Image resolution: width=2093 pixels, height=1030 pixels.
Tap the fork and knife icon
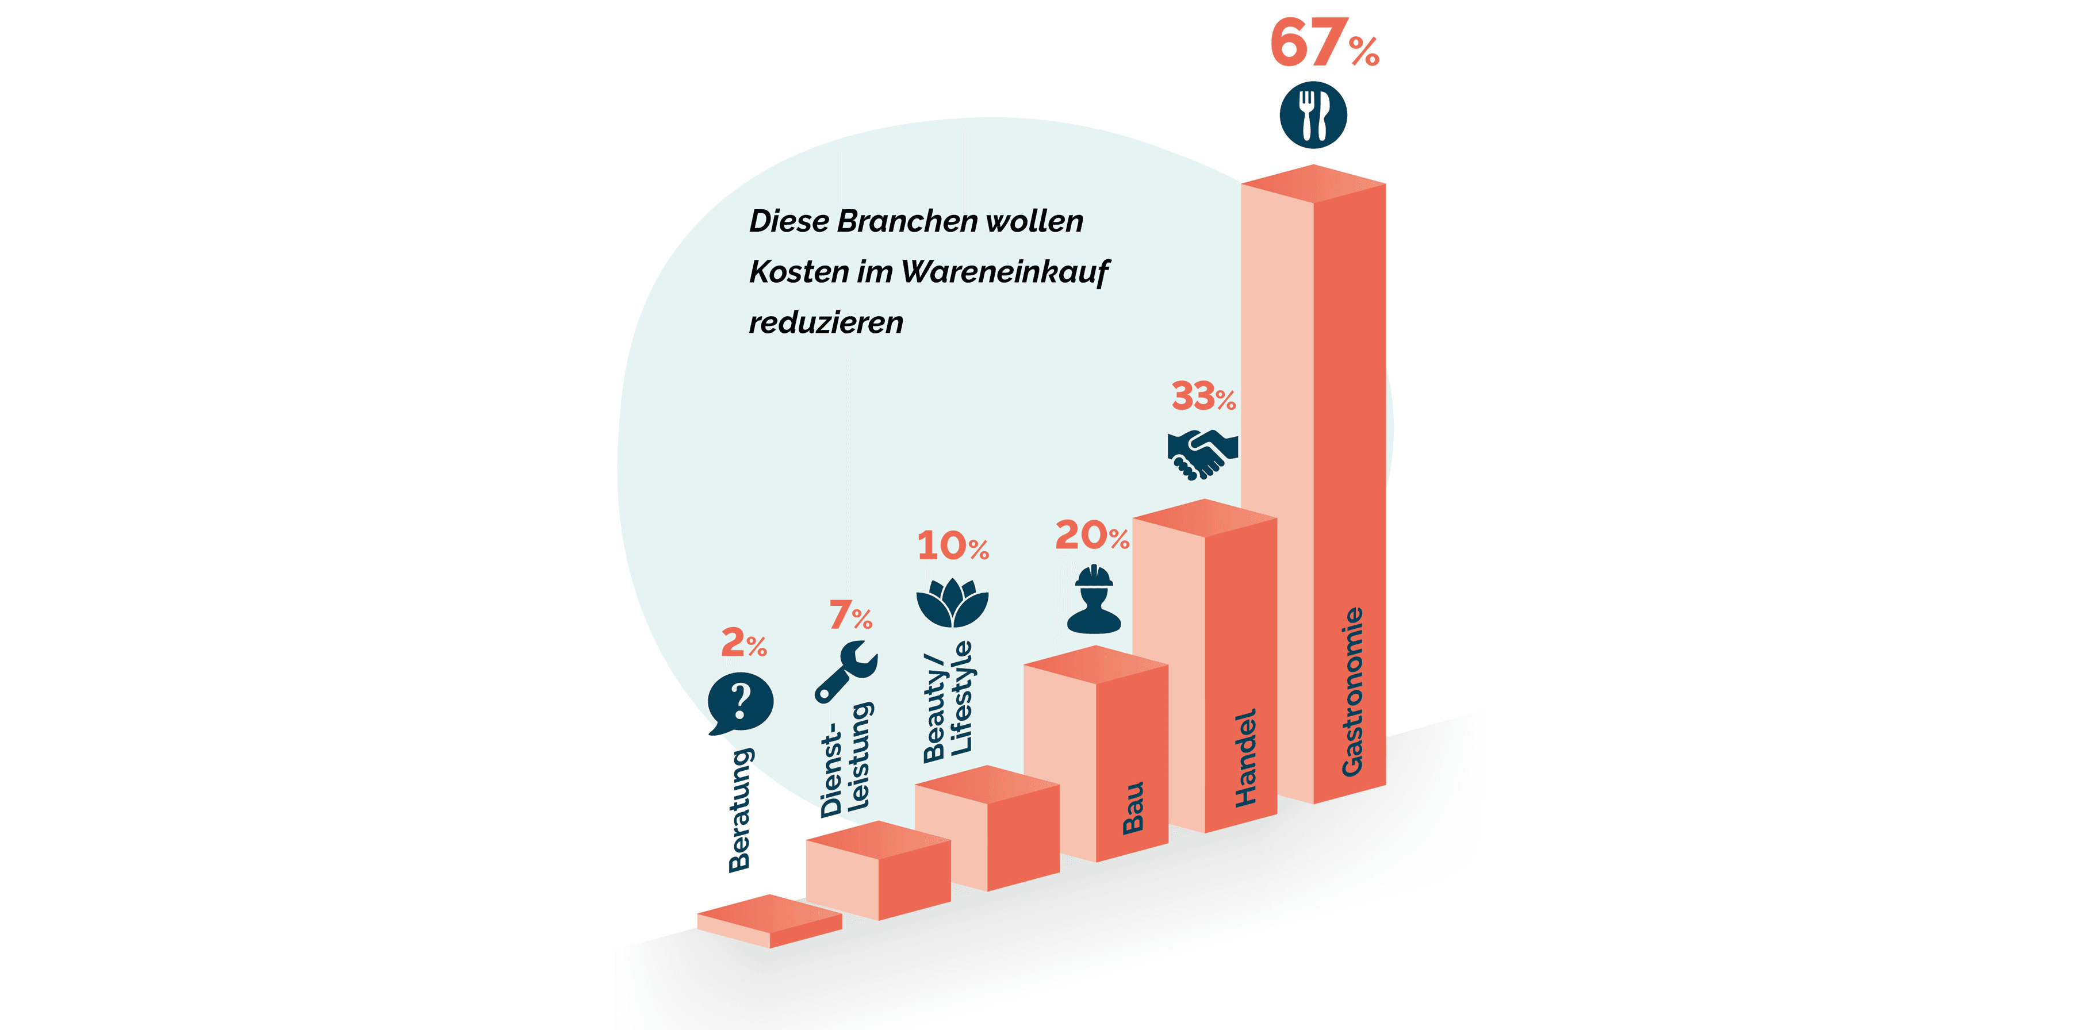tap(1313, 114)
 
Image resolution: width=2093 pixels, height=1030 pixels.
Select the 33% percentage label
tap(1202, 397)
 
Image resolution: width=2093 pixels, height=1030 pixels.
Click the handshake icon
tap(1202, 454)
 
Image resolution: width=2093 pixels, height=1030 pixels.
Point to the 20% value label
tap(1091, 535)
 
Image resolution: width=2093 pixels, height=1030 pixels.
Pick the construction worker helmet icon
tap(1094, 600)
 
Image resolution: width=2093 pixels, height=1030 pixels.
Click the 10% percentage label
tap(952, 546)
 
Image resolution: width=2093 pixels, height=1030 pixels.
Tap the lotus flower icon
tap(952, 603)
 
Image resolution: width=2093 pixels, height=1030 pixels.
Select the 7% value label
tap(850, 615)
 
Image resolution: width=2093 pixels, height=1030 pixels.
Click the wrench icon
tap(846, 671)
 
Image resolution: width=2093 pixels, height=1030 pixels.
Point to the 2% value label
tap(743, 643)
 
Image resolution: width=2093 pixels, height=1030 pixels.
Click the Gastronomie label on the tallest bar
tap(1352, 691)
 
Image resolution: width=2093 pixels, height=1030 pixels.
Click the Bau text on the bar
tap(1133, 808)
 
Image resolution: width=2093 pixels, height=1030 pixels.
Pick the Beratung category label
tap(739, 810)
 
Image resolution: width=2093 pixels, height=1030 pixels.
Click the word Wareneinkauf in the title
tap(1005, 272)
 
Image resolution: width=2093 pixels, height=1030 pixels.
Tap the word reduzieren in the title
tap(826, 322)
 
